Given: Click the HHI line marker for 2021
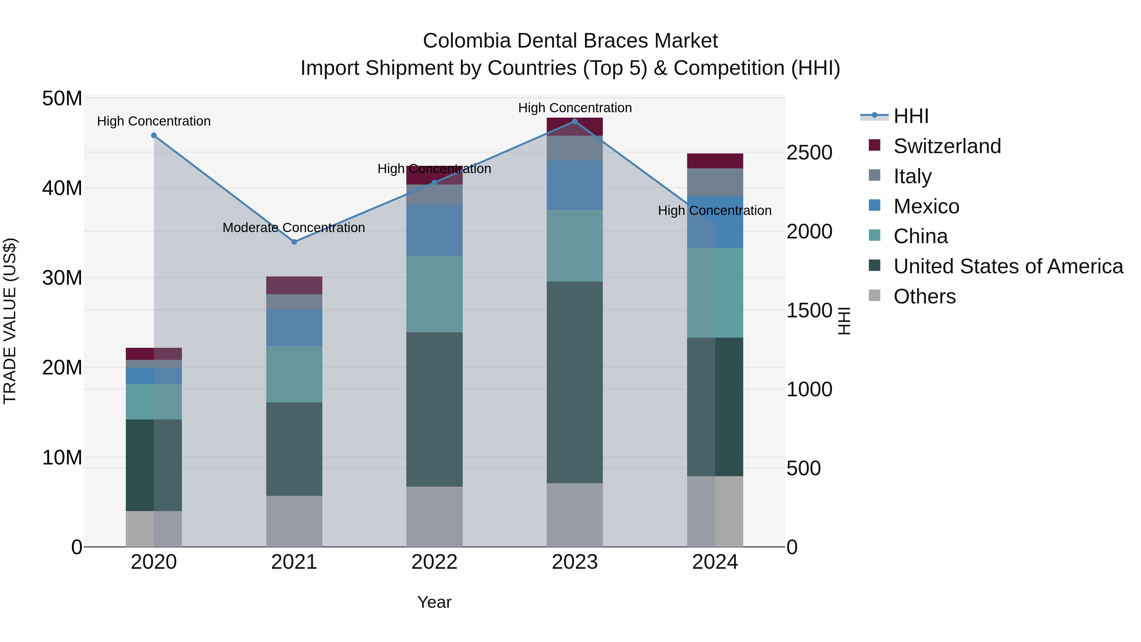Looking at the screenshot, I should click(294, 242).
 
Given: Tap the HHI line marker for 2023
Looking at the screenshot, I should click(575, 121).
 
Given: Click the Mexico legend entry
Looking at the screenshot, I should click(926, 206).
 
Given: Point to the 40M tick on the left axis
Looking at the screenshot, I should click(62, 188).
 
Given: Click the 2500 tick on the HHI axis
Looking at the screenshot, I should click(809, 153).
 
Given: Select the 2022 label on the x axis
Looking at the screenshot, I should click(434, 562).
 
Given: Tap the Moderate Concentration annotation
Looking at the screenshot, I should click(294, 228).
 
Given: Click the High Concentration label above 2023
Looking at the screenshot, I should click(575, 108).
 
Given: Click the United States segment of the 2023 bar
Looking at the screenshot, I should click(575, 382).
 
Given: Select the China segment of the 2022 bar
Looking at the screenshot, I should click(434, 294).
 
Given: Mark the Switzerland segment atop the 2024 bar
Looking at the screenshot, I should click(715, 161).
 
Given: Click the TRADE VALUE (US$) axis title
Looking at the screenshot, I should click(10, 321).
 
